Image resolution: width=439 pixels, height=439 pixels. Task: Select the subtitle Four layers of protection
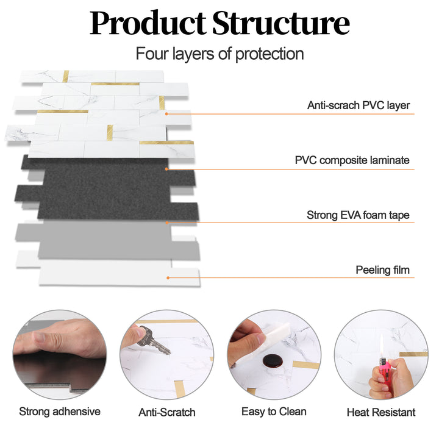[220, 54]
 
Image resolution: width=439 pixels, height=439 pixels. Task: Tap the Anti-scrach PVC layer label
[358, 105]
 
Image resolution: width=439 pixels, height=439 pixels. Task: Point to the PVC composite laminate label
[352, 161]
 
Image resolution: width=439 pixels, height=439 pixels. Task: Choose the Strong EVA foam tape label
[357, 215]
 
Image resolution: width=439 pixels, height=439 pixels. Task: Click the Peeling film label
[382, 269]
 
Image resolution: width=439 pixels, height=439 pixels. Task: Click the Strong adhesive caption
[60, 412]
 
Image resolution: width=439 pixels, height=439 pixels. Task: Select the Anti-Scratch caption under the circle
[166, 412]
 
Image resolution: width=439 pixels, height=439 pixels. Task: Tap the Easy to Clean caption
[274, 412]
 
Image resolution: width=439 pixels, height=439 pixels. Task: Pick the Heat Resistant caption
[380, 412]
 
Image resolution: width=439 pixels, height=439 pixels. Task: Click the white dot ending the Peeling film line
[167, 278]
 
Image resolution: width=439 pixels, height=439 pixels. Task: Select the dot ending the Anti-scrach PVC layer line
[166, 113]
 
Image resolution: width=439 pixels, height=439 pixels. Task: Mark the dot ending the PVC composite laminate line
[166, 169]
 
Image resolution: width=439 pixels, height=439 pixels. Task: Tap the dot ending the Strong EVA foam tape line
[166, 223]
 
